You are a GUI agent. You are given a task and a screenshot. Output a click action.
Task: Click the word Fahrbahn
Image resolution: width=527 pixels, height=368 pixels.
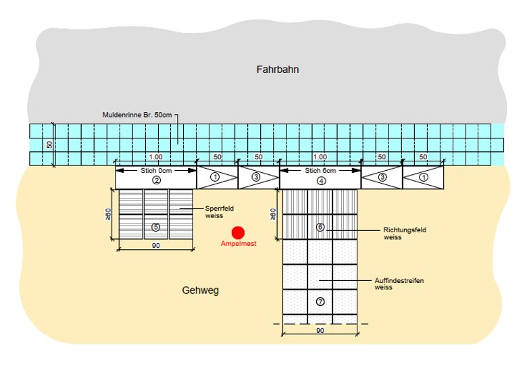[x=277, y=70]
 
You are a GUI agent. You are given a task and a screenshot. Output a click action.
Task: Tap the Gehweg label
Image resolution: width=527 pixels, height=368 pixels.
[x=201, y=290]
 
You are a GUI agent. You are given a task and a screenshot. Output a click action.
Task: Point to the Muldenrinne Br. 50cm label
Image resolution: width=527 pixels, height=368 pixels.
[x=139, y=115]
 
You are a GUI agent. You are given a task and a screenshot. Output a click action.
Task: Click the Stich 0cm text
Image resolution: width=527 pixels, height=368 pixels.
[x=156, y=171]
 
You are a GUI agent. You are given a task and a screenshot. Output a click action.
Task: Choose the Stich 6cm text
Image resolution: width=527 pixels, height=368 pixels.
[x=320, y=171]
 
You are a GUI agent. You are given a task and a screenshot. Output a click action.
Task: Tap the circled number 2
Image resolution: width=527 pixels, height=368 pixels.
[x=156, y=180]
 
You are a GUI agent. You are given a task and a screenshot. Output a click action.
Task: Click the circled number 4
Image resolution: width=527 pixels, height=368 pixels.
[x=320, y=180]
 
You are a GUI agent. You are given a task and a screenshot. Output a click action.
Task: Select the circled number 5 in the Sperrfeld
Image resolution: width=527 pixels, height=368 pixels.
[x=156, y=227]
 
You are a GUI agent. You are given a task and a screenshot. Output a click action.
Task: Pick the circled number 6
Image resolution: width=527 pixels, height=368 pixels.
[x=320, y=227]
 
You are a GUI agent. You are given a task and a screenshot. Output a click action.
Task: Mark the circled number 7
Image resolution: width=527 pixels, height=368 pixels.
[x=320, y=301]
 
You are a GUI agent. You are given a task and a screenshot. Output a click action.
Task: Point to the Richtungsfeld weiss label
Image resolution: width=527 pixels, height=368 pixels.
[x=404, y=234]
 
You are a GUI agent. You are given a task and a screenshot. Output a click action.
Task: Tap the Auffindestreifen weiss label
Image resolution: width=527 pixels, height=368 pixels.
[x=399, y=284]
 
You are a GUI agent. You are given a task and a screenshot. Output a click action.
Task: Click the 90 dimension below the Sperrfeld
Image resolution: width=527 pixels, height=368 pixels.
[x=156, y=246]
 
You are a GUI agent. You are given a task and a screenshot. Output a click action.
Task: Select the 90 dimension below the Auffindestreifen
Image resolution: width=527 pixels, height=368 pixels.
[x=320, y=330]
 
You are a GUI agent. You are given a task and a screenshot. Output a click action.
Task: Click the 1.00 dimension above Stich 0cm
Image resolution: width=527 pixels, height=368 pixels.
[x=156, y=157]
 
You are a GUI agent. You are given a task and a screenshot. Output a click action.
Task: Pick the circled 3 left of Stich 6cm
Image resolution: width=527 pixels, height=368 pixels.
[x=258, y=177]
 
